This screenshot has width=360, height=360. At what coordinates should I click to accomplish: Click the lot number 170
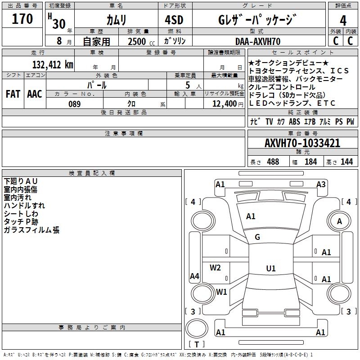[x=22, y=19]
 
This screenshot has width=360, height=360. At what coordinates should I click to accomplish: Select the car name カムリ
[x=116, y=19]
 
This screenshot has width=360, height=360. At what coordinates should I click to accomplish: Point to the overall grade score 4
[x=343, y=20]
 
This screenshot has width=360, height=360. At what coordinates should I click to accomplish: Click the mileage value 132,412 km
[x=53, y=64]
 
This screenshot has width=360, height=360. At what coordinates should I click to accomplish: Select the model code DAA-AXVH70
[x=258, y=41]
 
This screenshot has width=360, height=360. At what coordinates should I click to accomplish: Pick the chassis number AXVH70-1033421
[x=302, y=143]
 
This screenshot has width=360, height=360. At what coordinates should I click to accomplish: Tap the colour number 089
[x=74, y=104]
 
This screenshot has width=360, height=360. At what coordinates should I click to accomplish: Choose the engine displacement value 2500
[x=137, y=41]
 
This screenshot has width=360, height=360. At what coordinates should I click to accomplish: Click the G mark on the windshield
[x=257, y=237]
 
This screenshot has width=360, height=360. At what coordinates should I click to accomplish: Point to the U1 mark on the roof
[x=270, y=269]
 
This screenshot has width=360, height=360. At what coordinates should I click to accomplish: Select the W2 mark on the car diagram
[x=216, y=268]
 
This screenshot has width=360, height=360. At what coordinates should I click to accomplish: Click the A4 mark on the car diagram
[x=194, y=276]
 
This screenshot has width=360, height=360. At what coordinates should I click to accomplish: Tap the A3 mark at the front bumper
[x=321, y=184]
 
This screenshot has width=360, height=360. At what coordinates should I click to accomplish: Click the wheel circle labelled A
[x=339, y=221]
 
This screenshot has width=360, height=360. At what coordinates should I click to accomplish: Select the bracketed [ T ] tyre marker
[x=197, y=345]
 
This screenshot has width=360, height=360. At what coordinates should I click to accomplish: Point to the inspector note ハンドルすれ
[x=24, y=206]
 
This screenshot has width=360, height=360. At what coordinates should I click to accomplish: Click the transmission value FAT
[x=13, y=94]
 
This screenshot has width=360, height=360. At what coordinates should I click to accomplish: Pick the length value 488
[x=273, y=162]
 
